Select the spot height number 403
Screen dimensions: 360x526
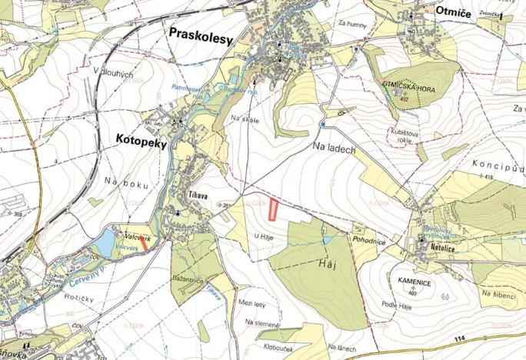click(x=416, y=292)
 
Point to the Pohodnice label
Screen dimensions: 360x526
click(x=369, y=240)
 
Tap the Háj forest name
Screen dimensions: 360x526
click(x=328, y=264)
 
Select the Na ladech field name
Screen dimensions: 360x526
click(x=334, y=148)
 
